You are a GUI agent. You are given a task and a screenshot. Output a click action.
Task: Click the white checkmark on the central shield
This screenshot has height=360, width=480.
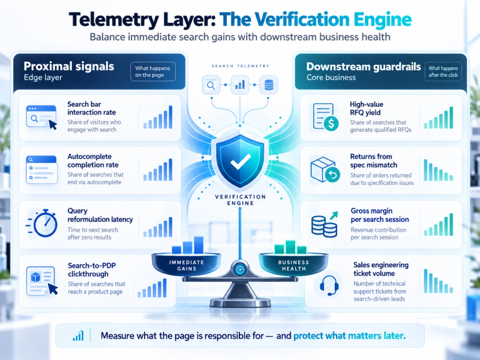click(241, 161)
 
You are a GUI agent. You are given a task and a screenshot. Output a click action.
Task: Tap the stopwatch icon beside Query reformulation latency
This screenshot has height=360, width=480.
click(43, 223)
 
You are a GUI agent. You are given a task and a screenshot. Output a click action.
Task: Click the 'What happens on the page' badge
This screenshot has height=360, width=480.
click(153, 71)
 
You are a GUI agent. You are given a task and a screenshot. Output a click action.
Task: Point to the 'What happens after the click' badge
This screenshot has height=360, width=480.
click(443, 71)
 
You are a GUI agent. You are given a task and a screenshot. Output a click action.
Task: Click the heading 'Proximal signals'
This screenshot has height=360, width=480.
click(69, 66)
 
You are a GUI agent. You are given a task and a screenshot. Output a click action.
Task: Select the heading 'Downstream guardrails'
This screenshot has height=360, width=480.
click(364, 67)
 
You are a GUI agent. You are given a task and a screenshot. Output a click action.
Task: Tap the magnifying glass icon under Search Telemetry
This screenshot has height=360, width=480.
click(211, 85)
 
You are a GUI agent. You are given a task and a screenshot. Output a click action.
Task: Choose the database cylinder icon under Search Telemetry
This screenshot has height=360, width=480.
click(269, 85)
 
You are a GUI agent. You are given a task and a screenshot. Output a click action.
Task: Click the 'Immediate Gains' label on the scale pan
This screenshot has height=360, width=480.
click(187, 265)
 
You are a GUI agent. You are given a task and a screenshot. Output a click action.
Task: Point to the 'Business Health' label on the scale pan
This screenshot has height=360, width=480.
click(293, 265)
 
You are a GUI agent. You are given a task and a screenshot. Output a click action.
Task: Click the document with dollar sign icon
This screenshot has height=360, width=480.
click(325, 117)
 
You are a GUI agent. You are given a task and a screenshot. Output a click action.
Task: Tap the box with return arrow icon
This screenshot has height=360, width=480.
click(325, 170)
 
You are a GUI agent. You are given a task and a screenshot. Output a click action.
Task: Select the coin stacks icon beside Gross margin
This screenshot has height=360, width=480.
click(325, 224)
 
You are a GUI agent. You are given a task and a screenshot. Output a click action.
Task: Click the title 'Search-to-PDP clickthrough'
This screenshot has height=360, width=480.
click(92, 269)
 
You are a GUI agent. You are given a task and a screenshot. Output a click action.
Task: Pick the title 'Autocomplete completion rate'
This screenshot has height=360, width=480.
click(93, 161)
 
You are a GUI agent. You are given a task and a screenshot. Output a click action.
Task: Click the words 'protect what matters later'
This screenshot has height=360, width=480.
click(349, 336)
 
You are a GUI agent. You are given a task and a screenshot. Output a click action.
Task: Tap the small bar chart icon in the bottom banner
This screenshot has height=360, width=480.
click(78, 336)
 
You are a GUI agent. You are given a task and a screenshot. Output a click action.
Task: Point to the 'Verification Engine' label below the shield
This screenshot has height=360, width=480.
click(241, 200)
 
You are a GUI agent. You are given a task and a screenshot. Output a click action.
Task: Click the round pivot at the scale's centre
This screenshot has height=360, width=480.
click(239, 269)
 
